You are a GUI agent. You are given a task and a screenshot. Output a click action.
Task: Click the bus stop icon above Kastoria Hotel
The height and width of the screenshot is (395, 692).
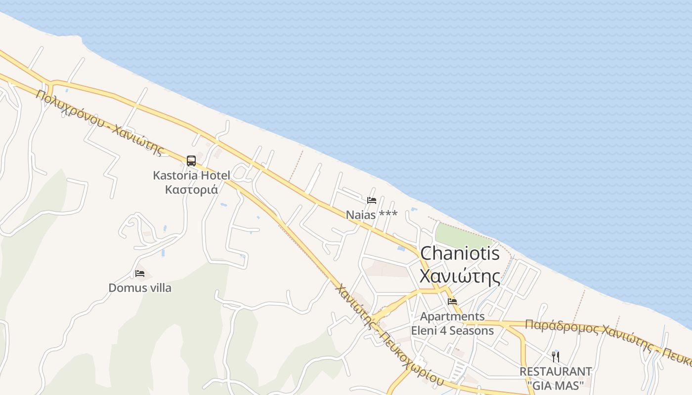point(191,160)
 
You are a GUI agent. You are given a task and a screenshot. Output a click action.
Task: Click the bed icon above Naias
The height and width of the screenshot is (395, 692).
point(372,200)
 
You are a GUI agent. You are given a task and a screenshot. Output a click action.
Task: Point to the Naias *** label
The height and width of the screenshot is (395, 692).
point(371,215)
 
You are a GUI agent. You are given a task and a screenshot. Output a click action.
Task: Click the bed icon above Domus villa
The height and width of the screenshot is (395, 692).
point(140,273)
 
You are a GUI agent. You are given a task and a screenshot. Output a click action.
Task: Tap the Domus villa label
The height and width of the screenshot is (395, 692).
point(140,287)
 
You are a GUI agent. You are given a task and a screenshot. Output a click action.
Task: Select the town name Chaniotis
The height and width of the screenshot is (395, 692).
point(460,254)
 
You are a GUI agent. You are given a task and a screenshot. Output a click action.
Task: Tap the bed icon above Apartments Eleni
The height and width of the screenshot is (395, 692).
point(452,301)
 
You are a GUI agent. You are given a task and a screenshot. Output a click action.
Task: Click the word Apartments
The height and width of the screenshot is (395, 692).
point(452,316)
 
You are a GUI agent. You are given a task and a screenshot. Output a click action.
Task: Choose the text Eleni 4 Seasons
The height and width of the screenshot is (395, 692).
point(452,330)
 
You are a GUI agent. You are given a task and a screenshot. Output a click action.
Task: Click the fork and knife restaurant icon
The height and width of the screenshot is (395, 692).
point(556,356)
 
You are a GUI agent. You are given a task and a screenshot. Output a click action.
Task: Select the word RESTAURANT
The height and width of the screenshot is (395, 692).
point(556,371)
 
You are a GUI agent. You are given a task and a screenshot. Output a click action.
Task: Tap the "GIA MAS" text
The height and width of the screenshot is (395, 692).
point(556,385)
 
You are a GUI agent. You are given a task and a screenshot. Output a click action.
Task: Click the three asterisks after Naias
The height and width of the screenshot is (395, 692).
point(388,214)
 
